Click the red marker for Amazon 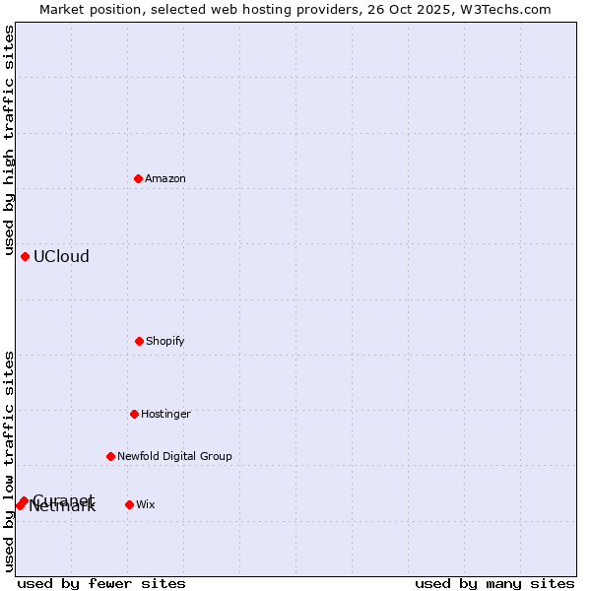click(x=139, y=178)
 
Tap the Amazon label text click(x=165, y=179)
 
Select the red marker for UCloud click(x=26, y=256)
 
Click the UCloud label click(x=61, y=257)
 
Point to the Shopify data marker click(x=139, y=341)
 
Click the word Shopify click(x=165, y=342)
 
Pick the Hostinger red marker click(x=134, y=414)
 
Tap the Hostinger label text click(x=165, y=415)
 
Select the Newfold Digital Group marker click(x=110, y=456)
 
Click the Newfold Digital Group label click(x=174, y=457)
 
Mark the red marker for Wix click(x=129, y=504)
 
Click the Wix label click(x=146, y=505)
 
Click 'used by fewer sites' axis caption click(x=101, y=583)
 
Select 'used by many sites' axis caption click(x=494, y=583)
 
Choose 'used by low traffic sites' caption click(x=10, y=461)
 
